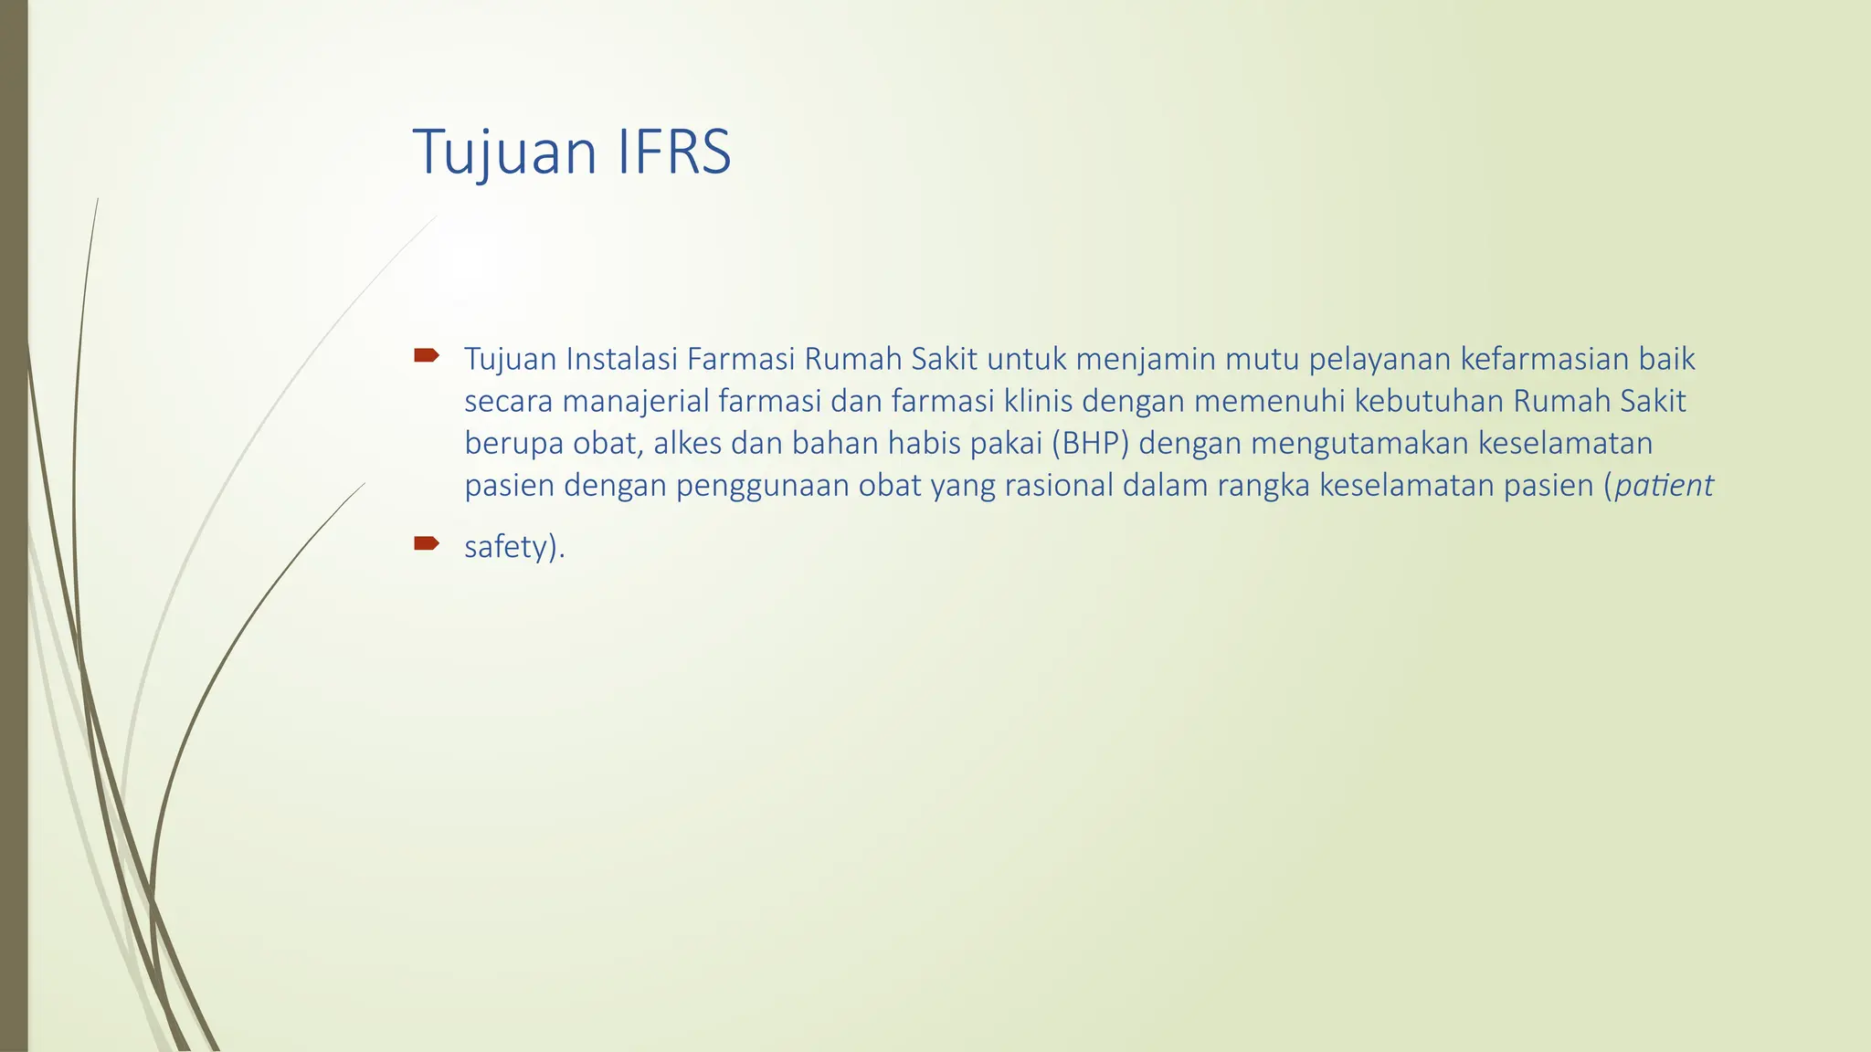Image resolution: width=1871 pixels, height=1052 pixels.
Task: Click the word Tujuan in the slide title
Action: tap(503, 153)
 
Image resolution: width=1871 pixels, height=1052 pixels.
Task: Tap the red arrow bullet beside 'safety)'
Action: tap(426, 544)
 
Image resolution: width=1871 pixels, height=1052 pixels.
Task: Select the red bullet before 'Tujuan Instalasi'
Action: tap(426, 355)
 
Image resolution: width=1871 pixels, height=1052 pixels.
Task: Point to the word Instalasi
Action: tap(621, 359)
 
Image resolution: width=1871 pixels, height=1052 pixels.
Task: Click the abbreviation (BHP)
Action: tap(1091, 444)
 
